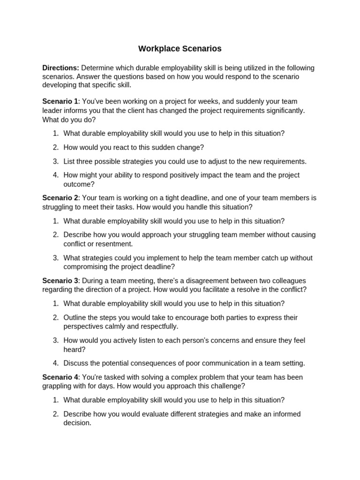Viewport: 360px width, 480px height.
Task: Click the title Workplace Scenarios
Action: (180, 49)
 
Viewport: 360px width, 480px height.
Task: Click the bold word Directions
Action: (60, 68)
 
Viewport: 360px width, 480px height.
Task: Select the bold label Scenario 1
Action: (60, 101)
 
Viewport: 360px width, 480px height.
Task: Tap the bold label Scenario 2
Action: (60, 198)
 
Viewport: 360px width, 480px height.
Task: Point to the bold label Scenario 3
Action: (60, 281)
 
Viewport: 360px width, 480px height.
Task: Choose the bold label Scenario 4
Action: (60, 377)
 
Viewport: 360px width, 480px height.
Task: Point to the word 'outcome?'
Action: (79, 184)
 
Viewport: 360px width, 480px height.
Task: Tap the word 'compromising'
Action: (84, 267)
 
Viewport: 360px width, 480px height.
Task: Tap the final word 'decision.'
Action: (77, 423)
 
